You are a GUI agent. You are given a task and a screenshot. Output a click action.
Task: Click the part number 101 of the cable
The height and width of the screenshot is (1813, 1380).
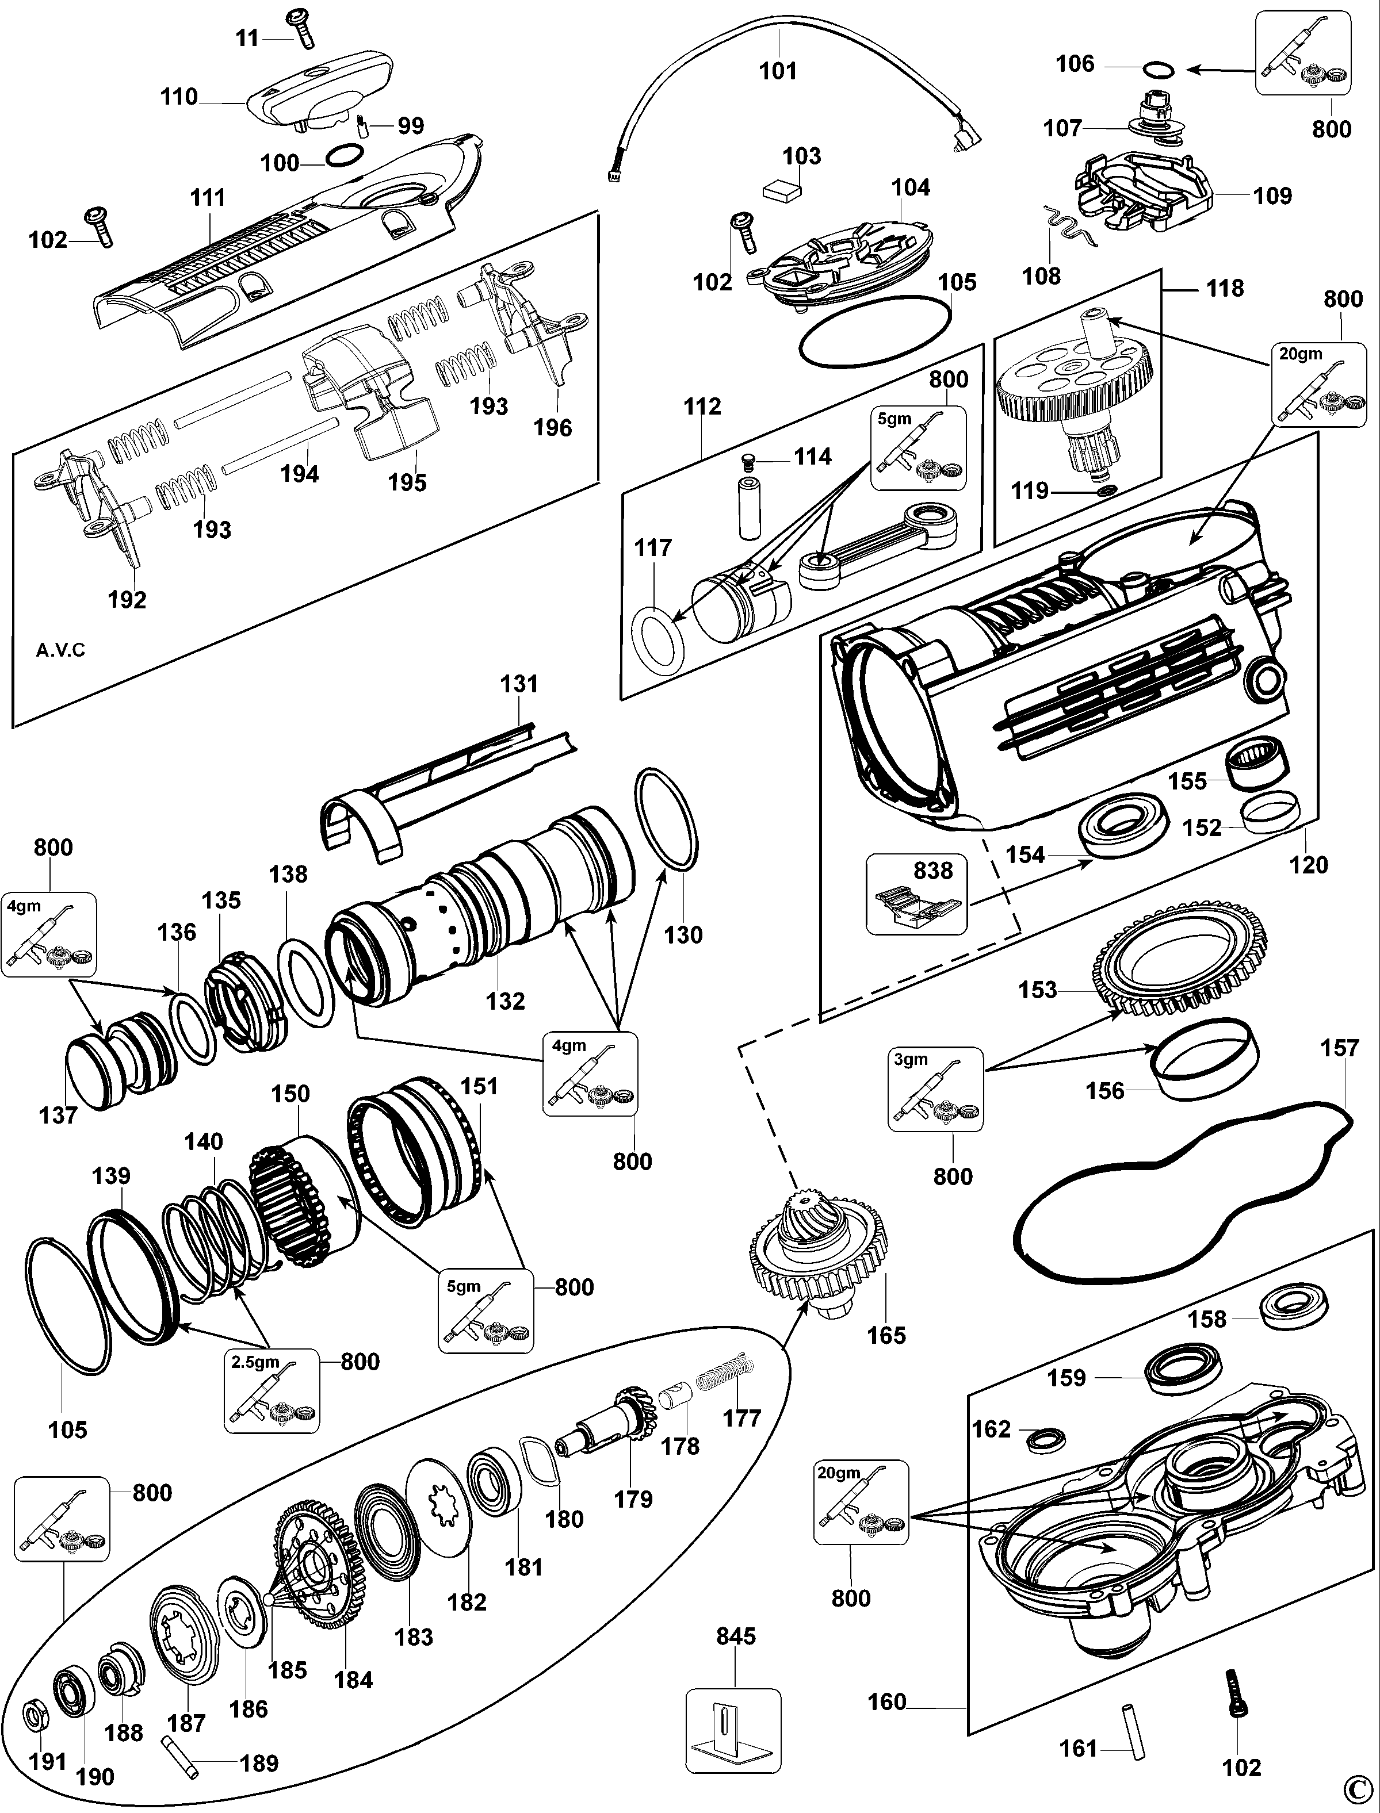coord(777,71)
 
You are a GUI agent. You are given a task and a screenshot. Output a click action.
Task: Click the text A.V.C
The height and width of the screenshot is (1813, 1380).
coord(61,650)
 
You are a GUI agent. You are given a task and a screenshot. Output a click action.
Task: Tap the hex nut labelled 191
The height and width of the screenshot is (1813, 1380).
coord(35,1713)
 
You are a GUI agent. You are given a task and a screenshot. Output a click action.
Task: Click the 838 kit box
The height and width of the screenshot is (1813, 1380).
coord(916,895)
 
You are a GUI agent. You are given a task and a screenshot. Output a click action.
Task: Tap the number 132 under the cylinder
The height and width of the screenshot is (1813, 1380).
coord(504,1001)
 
